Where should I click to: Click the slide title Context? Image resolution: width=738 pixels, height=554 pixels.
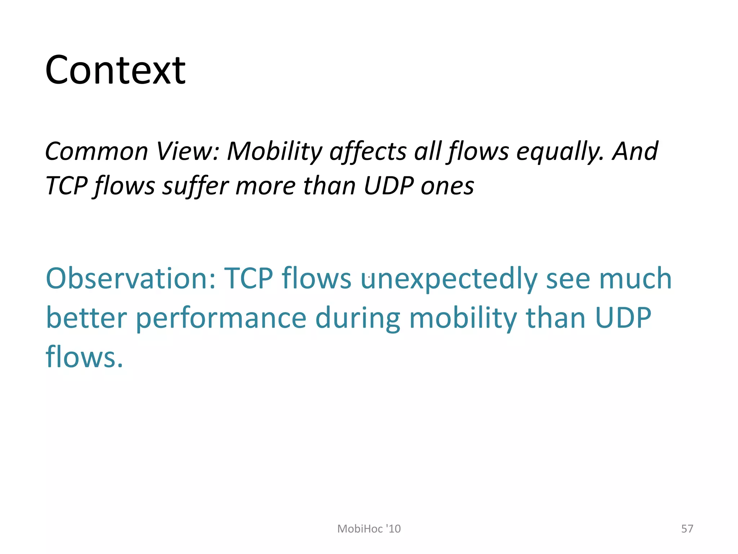point(115,70)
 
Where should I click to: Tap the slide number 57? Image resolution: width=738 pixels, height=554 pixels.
point(687,529)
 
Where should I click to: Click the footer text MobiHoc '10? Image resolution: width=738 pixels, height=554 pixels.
point(369,529)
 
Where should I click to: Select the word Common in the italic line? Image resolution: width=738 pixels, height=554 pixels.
point(97,151)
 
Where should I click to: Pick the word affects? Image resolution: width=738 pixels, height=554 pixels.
point(368,151)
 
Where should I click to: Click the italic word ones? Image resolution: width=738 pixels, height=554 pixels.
point(447,186)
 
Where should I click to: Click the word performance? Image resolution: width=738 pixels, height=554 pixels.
point(221,319)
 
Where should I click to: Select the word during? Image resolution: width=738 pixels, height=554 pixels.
point(357,318)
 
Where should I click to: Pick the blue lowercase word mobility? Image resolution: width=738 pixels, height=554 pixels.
point(463,318)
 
